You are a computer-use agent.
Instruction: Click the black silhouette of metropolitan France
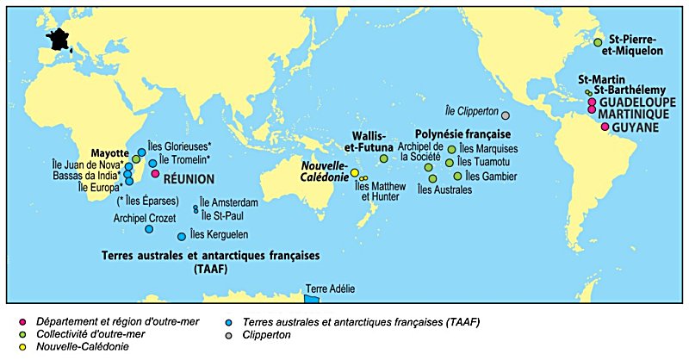click(61, 39)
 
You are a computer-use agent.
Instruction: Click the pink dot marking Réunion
click(156, 173)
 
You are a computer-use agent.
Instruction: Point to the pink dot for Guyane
click(605, 127)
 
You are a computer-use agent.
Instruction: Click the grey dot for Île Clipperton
click(506, 115)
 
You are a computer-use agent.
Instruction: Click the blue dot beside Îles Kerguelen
click(181, 237)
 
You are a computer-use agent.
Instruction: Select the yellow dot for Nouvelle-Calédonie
click(354, 172)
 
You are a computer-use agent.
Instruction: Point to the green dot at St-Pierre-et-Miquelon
click(598, 42)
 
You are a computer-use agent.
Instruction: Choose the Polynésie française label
click(463, 134)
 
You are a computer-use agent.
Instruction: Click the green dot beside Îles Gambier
click(457, 176)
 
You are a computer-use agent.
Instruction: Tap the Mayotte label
click(109, 148)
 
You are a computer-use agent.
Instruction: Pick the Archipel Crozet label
click(145, 218)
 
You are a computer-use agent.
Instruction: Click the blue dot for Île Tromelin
click(152, 163)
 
